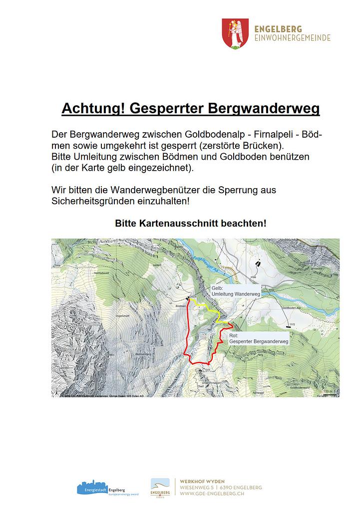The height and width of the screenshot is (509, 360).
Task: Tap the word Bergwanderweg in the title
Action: pyautogui.click(x=263, y=108)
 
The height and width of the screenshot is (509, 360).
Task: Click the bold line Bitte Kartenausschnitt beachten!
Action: pyautogui.click(x=191, y=223)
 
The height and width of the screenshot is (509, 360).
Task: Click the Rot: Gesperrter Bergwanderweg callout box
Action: pyautogui.click(x=259, y=339)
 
